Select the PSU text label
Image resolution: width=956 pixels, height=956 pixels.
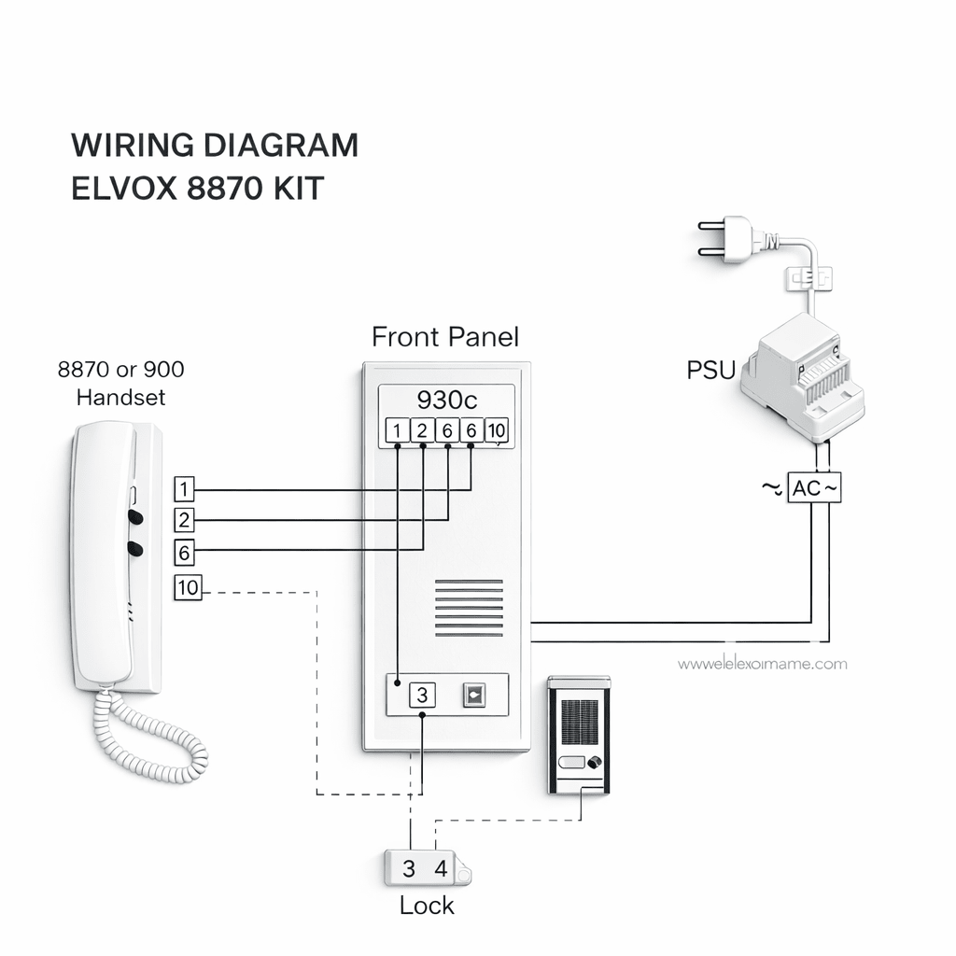[711, 370]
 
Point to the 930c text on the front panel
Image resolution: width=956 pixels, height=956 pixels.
[446, 400]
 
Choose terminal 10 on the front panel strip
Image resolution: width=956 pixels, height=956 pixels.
[497, 430]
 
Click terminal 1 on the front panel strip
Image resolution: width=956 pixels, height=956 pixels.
[397, 430]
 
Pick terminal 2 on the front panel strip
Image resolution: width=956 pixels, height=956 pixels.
[422, 430]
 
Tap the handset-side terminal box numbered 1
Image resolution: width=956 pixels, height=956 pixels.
[184, 488]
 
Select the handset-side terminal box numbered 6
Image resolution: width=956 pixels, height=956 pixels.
[184, 553]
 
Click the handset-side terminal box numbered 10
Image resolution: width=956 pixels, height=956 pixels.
[188, 588]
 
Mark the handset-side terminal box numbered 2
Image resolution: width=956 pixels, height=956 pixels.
[184, 520]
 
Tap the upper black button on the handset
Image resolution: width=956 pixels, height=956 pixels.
[135, 515]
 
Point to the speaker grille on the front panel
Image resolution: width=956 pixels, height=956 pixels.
[469, 608]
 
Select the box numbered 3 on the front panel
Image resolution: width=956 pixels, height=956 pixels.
[422, 696]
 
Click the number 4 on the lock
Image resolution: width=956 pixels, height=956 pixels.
[441, 868]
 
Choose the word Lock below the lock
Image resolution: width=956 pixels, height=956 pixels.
[427, 905]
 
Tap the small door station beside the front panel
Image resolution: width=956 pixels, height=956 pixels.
[579, 736]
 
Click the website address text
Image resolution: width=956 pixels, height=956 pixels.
[762, 664]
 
